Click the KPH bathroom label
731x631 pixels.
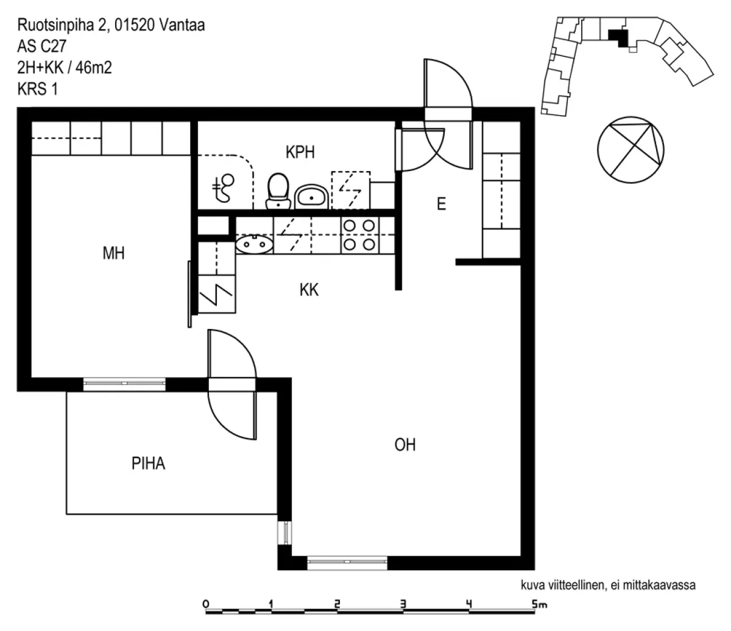coord(300,152)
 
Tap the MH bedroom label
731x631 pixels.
coord(113,253)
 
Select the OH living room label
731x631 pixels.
coord(405,445)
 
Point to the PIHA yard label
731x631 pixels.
coord(148,464)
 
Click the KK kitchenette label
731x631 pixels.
coord(309,290)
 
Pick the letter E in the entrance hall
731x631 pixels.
coord(441,204)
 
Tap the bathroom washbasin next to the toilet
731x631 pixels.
coord(311,197)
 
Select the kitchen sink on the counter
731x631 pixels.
coord(254,244)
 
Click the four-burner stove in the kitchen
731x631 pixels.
coord(359,235)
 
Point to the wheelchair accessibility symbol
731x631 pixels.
coord(223,188)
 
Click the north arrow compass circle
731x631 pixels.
coord(630,150)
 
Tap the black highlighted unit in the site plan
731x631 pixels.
coord(618,38)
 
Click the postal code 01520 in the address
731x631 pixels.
coord(135,25)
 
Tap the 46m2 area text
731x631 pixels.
coord(93,68)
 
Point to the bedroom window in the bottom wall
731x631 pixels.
coord(124,383)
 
